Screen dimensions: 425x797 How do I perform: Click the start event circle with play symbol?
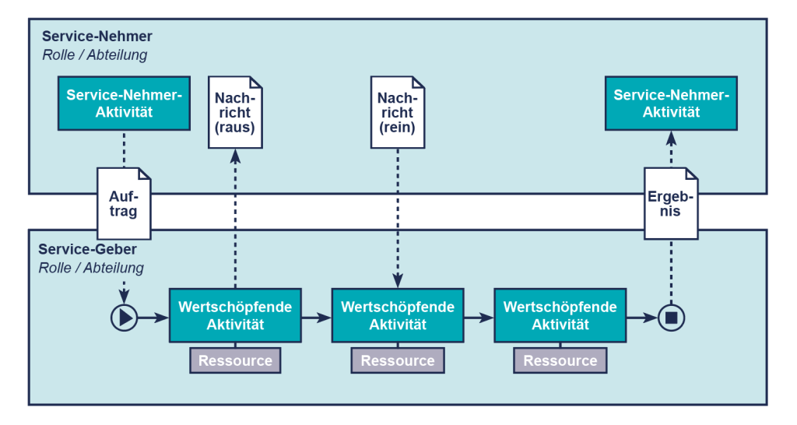124,317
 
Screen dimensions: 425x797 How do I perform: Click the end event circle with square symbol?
671,317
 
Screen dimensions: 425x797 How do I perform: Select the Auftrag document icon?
124,203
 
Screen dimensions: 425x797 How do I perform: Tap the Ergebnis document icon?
671,203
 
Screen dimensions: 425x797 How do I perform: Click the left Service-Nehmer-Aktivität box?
124,104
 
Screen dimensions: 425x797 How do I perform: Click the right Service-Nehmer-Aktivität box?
671,104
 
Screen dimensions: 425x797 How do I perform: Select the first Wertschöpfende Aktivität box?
235,315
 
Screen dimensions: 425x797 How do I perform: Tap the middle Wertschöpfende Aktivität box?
398,315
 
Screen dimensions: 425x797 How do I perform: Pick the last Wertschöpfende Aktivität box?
560,315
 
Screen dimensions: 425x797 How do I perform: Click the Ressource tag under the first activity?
235,360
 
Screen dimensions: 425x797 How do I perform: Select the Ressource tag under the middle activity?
398,360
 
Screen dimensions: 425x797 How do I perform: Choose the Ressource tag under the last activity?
560,360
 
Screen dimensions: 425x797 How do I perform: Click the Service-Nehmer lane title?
97,37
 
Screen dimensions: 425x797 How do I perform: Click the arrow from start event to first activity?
153,317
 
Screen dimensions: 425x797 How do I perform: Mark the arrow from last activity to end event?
641,317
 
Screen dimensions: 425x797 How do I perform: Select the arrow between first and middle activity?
316,317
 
